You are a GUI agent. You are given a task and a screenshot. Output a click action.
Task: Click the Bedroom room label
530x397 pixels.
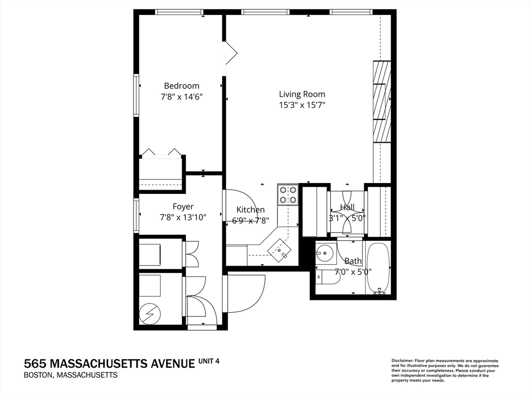tap(181, 86)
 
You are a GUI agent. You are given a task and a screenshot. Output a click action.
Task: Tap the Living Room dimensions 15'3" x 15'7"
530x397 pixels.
tap(302, 105)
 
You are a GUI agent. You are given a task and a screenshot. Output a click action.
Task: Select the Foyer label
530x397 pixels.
tap(183, 207)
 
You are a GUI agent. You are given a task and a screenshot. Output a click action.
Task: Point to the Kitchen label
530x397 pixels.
tap(251, 209)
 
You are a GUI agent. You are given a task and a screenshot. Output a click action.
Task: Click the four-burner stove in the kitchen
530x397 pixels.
tap(288, 194)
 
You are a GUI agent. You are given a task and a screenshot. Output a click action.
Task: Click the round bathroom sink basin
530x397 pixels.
tap(325, 253)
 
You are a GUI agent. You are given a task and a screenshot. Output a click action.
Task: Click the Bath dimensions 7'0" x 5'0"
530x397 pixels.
tap(353, 271)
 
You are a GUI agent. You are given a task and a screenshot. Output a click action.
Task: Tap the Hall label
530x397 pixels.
tap(347, 207)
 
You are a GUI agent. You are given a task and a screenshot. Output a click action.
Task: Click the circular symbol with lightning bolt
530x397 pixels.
tap(150, 313)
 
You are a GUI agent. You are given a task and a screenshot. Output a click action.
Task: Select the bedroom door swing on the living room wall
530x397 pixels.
tap(230, 53)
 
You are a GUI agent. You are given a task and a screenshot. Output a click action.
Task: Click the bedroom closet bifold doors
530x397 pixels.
tap(161, 152)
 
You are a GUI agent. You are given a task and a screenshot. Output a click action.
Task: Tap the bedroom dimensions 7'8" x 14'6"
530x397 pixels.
tap(181, 97)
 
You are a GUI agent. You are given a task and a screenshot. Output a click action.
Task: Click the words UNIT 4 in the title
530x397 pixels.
tap(209, 361)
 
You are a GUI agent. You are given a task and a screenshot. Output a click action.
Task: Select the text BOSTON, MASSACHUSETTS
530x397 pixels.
tap(70, 375)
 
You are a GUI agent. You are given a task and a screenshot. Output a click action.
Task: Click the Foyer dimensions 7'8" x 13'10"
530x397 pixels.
tap(183, 218)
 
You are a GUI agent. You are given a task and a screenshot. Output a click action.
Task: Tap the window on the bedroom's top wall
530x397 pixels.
tap(179, 12)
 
